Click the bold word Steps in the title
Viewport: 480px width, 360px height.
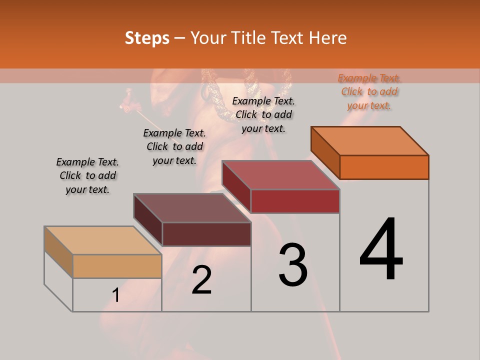point(147,38)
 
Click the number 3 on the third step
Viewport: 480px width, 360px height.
point(292,264)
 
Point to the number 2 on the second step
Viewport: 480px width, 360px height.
point(201,280)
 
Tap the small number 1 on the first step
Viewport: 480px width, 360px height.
point(116,295)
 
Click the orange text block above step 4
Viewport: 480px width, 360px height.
point(369,92)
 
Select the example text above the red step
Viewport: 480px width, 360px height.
point(263,114)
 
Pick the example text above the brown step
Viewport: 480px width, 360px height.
point(174,146)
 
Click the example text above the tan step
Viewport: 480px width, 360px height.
point(87,175)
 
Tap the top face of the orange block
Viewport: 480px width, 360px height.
point(370,140)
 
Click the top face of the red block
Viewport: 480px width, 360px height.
point(281,175)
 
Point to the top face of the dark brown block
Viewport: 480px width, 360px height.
point(192,208)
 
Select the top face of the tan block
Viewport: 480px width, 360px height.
point(103,240)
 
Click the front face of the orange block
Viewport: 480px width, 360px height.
point(384,167)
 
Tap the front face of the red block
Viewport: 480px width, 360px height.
point(295,201)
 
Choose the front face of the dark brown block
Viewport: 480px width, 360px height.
point(206,234)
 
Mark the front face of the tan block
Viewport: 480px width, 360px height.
point(117,266)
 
